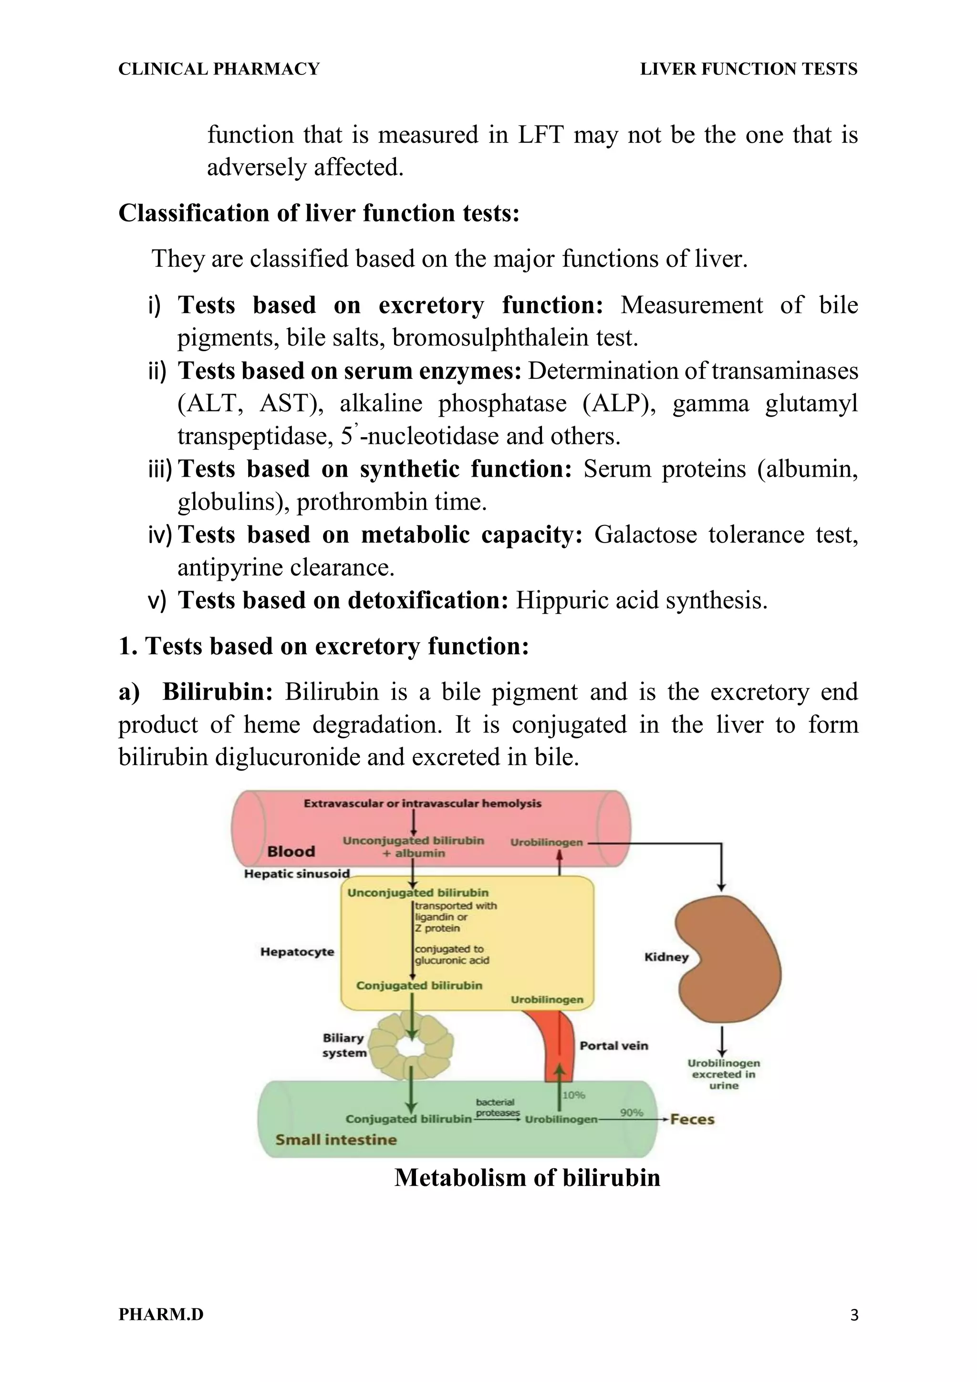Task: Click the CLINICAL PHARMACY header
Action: point(219,69)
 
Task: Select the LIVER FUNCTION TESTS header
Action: point(748,69)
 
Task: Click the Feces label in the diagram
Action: point(692,1120)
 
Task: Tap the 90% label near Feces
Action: point(632,1112)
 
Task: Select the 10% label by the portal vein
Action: point(573,1095)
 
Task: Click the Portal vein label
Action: point(613,1046)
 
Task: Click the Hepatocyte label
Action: point(297,952)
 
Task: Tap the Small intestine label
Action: point(336,1140)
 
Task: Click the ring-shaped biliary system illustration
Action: point(411,1046)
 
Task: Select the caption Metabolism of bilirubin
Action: point(527,1177)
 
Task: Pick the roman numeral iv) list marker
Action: point(159,534)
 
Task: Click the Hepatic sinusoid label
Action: point(297,873)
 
